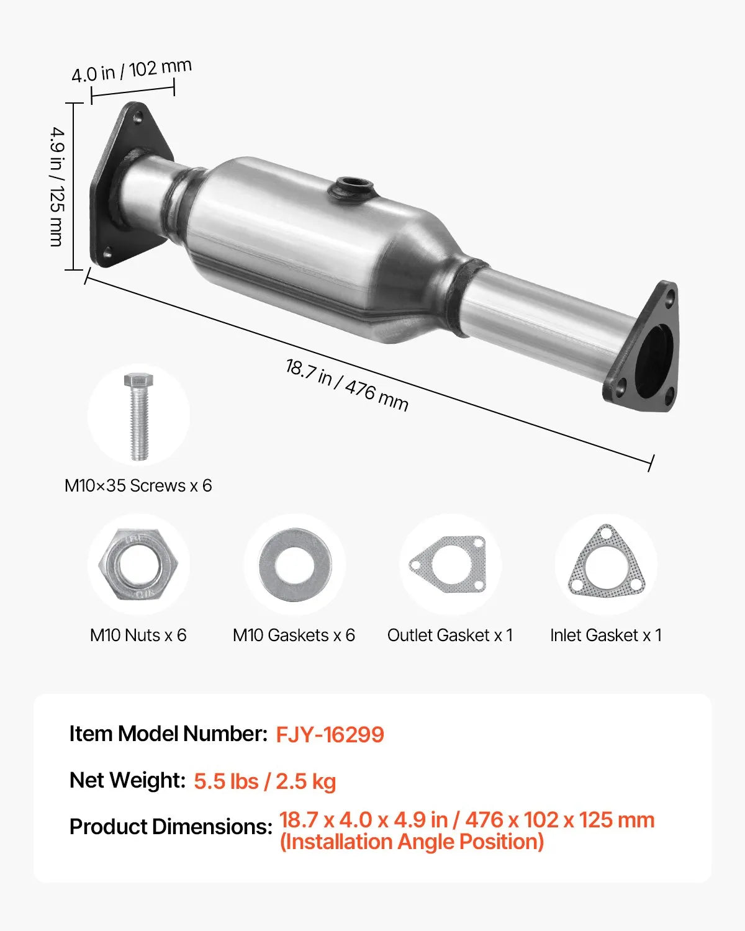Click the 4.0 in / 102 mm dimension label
click(x=131, y=70)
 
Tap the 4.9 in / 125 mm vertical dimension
click(x=57, y=186)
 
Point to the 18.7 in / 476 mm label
click(x=346, y=385)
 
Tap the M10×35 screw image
click(x=138, y=416)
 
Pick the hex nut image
click(x=138, y=565)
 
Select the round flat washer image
click(x=294, y=565)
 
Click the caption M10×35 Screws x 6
click(x=138, y=485)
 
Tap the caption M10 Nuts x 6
click(x=138, y=635)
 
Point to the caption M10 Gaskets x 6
click(x=294, y=635)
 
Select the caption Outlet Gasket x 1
click(x=450, y=635)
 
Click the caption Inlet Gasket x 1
click(x=606, y=635)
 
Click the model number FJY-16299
click(x=330, y=734)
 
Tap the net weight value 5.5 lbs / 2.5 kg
click(x=264, y=781)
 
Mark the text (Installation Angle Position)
click(x=412, y=842)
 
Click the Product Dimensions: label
click(x=171, y=827)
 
